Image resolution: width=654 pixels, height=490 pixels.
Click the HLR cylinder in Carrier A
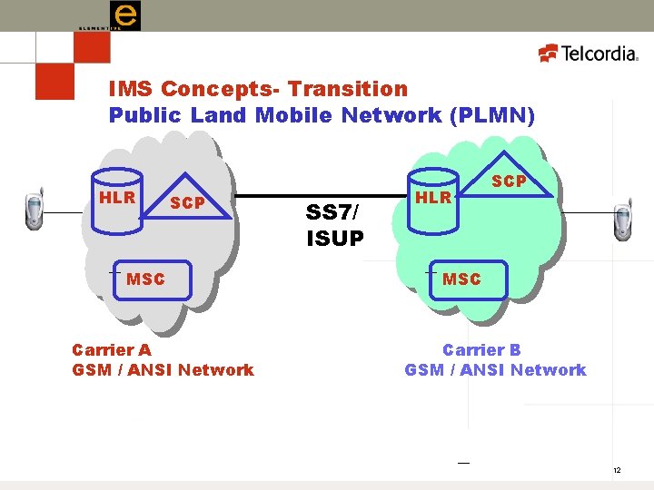pos(117,205)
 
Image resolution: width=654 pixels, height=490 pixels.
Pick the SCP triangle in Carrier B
pos(509,181)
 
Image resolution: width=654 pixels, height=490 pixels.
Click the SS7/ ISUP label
pos(334,225)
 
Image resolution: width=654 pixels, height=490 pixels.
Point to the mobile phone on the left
pos(33,211)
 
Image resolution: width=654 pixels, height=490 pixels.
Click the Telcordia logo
pos(590,54)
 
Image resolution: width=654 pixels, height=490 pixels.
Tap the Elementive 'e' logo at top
pos(124,15)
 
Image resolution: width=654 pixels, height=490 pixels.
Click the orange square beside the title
pos(54,78)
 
